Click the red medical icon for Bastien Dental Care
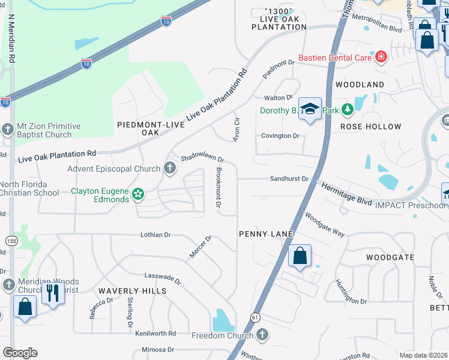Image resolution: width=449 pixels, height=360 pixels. point(381,58)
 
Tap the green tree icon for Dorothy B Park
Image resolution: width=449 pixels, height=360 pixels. point(347,110)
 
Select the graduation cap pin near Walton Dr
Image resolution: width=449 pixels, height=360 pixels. point(310,109)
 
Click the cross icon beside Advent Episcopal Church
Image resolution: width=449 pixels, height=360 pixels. point(170,169)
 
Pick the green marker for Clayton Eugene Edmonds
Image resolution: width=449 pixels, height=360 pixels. point(138,194)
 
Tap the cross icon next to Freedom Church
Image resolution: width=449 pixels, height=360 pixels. point(261,335)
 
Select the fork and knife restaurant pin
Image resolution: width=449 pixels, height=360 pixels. point(53,293)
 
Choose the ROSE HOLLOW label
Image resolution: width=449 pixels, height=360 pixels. point(370,127)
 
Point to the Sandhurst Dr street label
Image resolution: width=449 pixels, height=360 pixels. point(289,179)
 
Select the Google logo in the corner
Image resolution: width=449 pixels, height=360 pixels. point(20,352)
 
